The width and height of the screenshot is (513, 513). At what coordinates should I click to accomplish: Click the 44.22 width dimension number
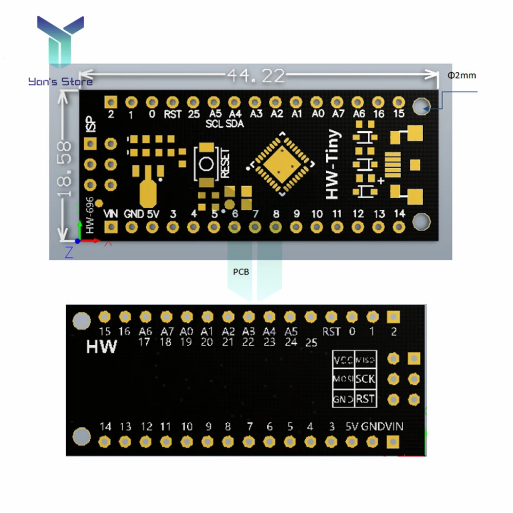(x=255, y=76)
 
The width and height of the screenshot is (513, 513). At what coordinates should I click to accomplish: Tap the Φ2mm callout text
(x=462, y=75)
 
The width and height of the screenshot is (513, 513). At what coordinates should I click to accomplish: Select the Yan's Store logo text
(x=61, y=82)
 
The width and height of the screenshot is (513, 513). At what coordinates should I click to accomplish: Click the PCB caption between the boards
(x=241, y=272)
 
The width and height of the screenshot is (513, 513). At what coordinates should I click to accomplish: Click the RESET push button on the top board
(x=207, y=164)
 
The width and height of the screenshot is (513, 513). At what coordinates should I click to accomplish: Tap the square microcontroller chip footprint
(x=281, y=164)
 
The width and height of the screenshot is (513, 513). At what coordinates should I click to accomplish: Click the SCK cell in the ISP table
(x=365, y=379)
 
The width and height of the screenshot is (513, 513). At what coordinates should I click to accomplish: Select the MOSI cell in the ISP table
(x=343, y=379)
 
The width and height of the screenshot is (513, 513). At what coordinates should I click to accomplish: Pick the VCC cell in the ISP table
(x=343, y=360)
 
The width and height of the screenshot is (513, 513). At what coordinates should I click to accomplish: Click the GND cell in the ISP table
(x=343, y=399)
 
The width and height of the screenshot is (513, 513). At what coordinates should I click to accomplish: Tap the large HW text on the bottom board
(x=101, y=347)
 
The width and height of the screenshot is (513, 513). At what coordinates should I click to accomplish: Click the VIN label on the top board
(x=111, y=214)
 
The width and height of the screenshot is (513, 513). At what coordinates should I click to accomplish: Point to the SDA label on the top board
(x=235, y=124)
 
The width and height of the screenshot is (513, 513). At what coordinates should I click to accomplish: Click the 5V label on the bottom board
(x=351, y=426)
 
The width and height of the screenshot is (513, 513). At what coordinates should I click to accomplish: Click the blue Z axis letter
(x=69, y=251)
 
